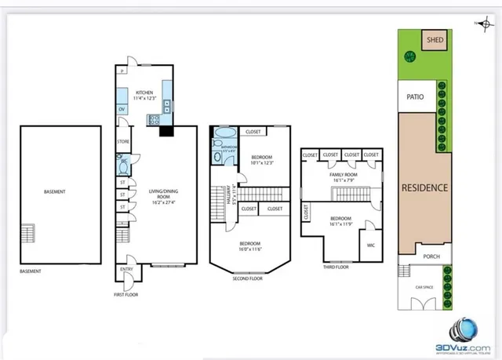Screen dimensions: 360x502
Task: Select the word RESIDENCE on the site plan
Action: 424,187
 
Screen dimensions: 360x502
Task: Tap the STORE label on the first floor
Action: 123,142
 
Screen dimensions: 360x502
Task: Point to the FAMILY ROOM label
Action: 342,176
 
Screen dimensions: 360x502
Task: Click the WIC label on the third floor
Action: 369,245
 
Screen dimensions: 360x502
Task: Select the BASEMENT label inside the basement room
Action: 54,191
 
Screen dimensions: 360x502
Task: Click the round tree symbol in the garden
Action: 409,56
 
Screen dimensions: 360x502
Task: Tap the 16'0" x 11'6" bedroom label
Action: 249,245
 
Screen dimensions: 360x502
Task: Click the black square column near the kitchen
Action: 166,132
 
